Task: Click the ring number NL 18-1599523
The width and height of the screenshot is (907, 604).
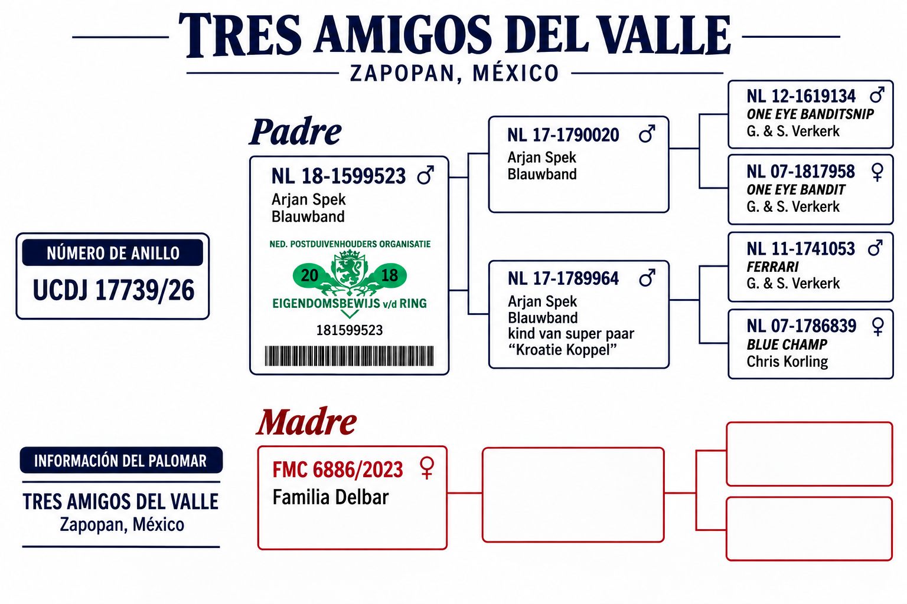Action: [x=338, y=176]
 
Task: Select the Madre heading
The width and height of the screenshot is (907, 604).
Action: [x=306, y=422]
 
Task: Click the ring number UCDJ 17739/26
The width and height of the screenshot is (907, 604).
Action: [x=113, y=290]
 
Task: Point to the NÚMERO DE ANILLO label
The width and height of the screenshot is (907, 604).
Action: [x=113, y=253]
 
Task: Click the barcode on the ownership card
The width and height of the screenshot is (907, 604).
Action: [x=349, y=356]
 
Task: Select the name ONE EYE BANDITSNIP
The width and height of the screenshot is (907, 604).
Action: [x=810, y=114]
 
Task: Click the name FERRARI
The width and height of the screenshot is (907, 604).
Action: [x=772, y=267]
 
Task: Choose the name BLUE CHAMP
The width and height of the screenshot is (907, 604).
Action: [x=787, y=344]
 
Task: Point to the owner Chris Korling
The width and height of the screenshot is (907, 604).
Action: [x=787, y=362]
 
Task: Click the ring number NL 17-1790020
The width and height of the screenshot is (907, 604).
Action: [x=563, y=135]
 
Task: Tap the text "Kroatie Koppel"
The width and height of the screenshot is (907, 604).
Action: [x=562, y=350]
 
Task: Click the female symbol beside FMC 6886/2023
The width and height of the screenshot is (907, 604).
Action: [x=427, y=468]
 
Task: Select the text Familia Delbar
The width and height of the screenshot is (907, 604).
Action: [x=331, y=497]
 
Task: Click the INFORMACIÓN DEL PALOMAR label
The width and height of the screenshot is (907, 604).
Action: [x=120, y=461]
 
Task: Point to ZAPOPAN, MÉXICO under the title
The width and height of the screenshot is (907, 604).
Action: [x=454, y=74]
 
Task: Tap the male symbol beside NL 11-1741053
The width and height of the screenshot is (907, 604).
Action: [x=875, y=248]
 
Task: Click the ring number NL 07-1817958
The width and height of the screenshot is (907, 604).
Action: [x=801, y=172]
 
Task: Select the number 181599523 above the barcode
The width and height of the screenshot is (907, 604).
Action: [x=350, y=330]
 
